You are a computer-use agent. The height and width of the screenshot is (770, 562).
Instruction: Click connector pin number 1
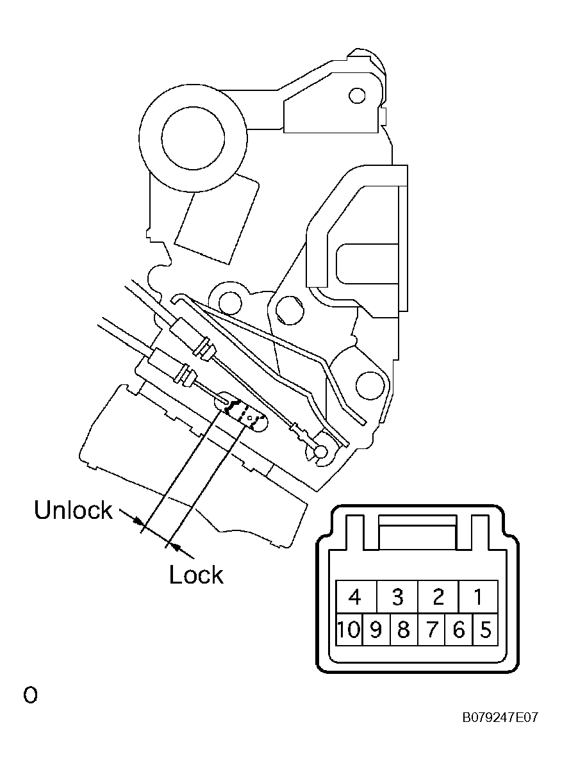click(x=478, y=597)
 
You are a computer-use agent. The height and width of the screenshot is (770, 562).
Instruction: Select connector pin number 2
click(x=438, y=597)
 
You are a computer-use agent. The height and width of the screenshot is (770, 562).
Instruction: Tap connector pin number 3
click(x=397, y=597)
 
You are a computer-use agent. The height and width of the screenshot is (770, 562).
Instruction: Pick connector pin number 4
click(x=356, y=597)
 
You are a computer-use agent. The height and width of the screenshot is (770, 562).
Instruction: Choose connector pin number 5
click(x=485, y=630)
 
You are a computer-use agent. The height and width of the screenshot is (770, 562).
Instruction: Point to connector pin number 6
click(x=459, y=630)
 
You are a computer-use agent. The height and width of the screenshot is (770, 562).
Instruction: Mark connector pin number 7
click(x=431, y=630)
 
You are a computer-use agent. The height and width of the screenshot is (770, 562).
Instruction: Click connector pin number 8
click(x=404, y=630)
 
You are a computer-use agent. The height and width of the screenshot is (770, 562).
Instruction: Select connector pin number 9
click(x=376, y=630)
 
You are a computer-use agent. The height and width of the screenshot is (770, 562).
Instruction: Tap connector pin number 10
click(x=349, y=630)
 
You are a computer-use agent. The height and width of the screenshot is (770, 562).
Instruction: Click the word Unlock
click(x=73, y=510)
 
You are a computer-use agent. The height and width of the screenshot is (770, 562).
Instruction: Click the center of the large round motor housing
click(x=193, y=138)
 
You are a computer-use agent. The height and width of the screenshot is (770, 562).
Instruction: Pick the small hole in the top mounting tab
click(x=357, y=95)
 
